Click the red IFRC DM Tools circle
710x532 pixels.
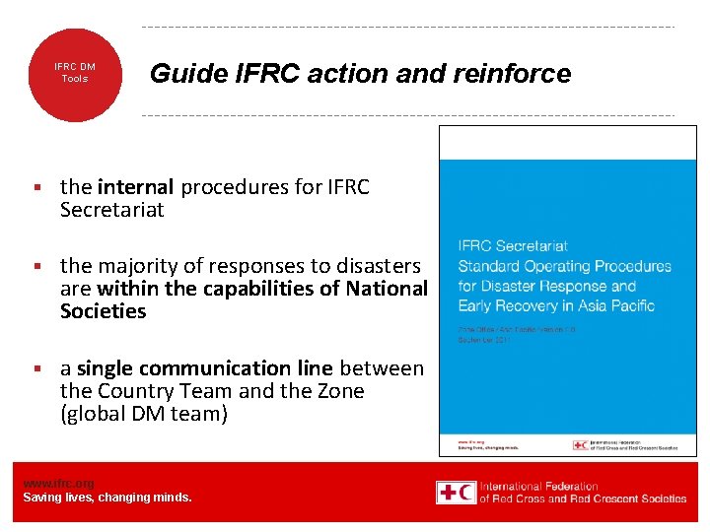[74, 74]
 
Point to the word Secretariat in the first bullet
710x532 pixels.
[111, 210]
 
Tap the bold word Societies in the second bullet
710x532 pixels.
[103, 311]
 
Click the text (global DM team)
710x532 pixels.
[144, 414]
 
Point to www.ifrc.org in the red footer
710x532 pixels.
[58, 484]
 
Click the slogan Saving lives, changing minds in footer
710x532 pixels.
[107, 498]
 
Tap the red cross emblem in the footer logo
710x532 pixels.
[457, 492]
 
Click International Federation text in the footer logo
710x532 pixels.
[538, 486]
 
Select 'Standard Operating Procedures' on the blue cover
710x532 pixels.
[564, 266]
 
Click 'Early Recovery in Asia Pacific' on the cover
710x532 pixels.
[556, 305]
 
